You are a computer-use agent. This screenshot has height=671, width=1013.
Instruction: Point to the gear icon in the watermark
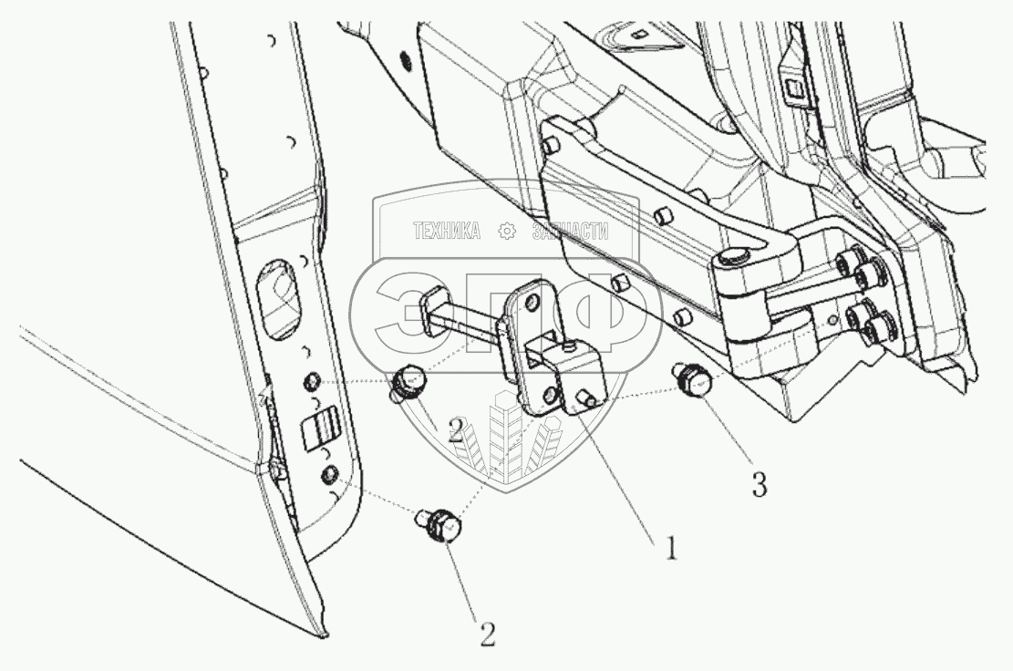click(x=506, y=232)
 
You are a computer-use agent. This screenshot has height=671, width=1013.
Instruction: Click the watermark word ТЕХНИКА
click(x=447, y=232)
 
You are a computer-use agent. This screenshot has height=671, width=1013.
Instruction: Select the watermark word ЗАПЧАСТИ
click(x=569, y=232)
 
